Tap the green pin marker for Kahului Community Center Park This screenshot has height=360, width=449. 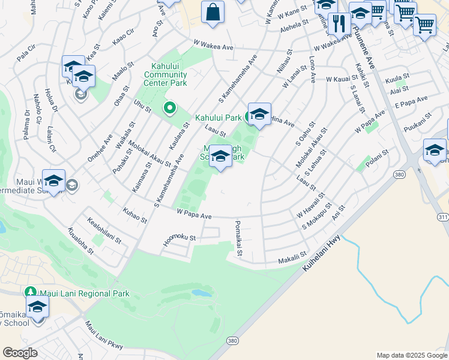pos(170,109)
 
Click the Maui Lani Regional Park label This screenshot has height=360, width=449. pos(83,293)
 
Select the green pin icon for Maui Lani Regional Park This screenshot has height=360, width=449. pos(31,292)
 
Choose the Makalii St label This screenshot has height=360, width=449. pos(291,260)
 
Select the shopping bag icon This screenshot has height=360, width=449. pos(213,12)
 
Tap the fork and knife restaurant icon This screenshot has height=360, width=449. pos(339,23)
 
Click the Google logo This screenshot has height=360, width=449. pos(20,353)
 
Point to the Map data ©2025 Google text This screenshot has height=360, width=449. pos(411,355)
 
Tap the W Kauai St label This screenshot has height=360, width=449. pos(346,79)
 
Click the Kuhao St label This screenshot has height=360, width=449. pos(134,216)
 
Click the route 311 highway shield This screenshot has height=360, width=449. pos(443,215)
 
